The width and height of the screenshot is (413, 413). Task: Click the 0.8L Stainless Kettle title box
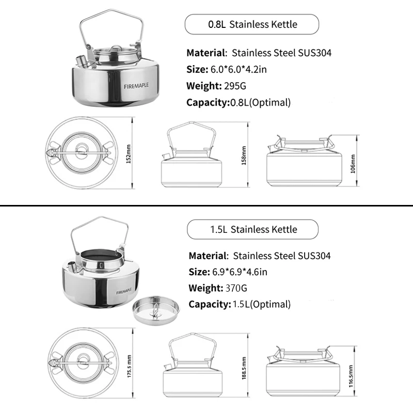pos(252,24)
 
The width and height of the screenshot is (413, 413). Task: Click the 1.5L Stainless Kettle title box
pos(252,229)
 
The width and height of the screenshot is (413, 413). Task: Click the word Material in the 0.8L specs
pos(205,53)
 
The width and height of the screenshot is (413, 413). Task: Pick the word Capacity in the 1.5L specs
pos(208,305)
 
